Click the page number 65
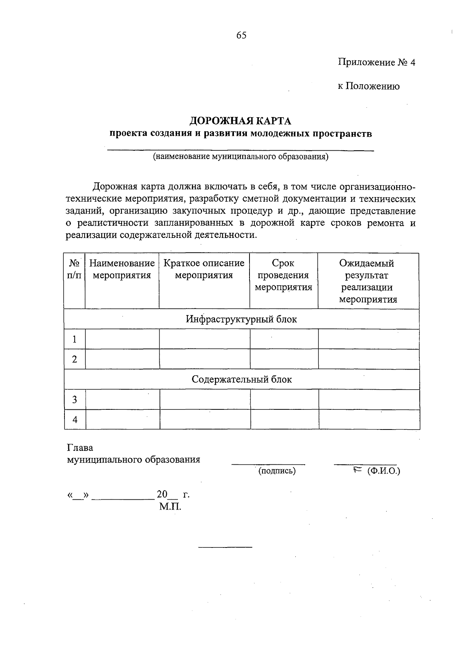coord(241,35)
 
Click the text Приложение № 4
coord(377,62)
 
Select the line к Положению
coord(369,86)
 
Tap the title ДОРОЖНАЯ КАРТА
coord(240,121)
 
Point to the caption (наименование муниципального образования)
coord(240,157)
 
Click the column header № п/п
coord(74,269)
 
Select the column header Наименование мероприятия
coord(122,269)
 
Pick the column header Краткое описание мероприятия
coord(204,269)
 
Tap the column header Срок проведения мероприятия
coord(283,275)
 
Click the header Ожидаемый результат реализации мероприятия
coord(368,281)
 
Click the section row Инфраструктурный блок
coord(241,319)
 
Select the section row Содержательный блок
coord(242,379)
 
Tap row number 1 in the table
coord(75,339)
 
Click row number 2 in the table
coord(75,359)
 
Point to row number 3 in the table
coord(75,400)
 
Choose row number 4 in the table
coord(75,420)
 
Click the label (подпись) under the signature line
coord(277,471)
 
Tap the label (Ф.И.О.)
coord(383,471)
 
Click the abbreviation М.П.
coord(170,507)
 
